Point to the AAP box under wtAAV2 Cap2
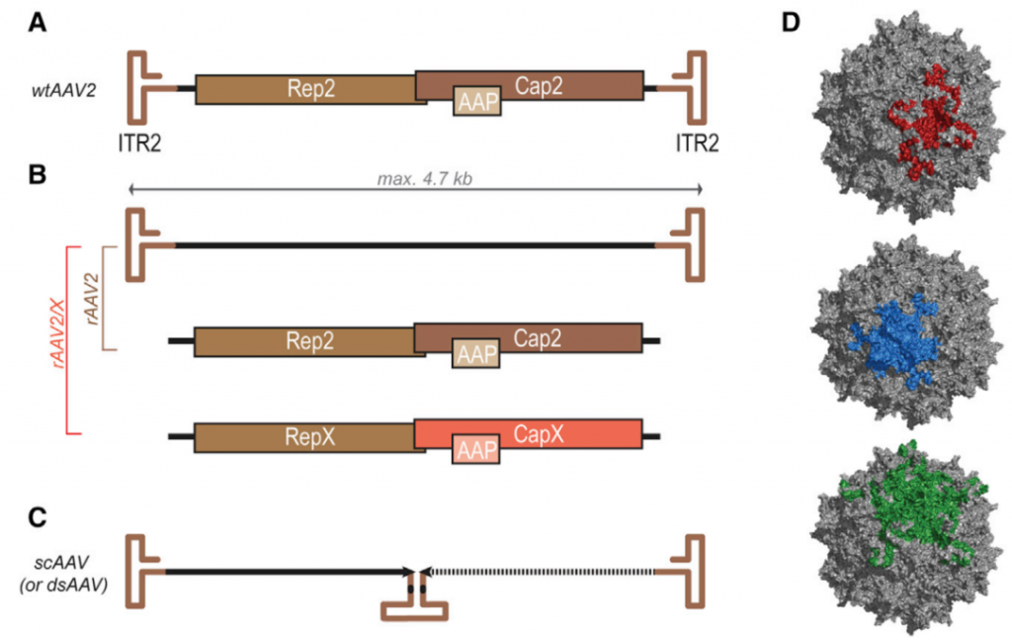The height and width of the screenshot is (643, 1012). click(477, 101)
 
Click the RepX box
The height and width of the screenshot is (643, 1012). click(306, 435)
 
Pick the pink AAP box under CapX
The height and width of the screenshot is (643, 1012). click(476, 450)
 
